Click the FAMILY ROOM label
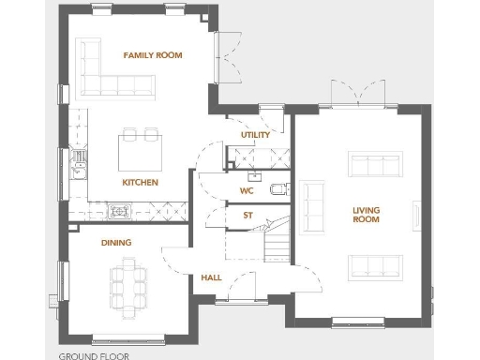tap(153, 55)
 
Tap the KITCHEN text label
tap(140, 182)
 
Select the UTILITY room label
tap(255, 135)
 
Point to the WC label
tap(247, 190)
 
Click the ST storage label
tap(247, 216)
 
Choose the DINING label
tap(116, 243)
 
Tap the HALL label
tap(211, 278)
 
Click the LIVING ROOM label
tap(366, 214)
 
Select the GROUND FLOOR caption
tap(94, 355)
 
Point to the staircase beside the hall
tap(277, 239)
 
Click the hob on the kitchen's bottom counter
tap(120, 211)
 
